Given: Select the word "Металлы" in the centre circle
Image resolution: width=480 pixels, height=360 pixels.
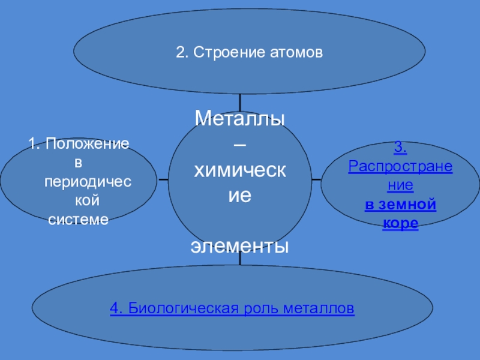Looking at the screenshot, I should [x=239, y=118].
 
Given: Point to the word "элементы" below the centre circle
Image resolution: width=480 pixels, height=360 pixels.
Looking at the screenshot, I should [x=240, y=245].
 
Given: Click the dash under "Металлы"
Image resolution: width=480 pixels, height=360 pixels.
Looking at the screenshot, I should [x=239, y=144].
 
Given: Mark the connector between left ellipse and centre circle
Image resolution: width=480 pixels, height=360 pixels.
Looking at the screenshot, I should [x=163, y=179].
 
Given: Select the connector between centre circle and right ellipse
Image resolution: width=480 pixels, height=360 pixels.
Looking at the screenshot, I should [x=316, y=179].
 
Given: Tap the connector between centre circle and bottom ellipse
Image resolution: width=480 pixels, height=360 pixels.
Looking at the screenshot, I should [x=240, y=259].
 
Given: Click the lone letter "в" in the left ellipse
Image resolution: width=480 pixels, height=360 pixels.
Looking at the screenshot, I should [x=77, y=162].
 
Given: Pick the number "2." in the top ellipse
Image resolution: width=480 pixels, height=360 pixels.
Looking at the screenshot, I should [x=182, y=53].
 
